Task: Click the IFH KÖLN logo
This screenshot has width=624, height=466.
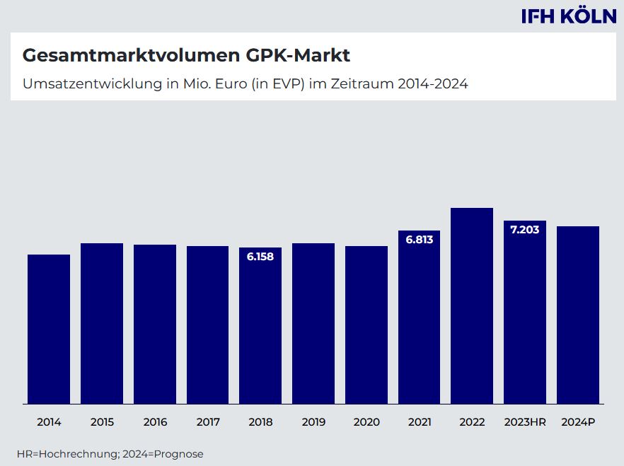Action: tap(569, 16)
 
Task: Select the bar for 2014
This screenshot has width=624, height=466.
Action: tap(49, 329)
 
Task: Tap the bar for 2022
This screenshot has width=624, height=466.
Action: tap(472, 305)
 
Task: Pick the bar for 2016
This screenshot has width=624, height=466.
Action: tap(155, 324)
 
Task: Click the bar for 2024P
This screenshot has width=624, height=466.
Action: tap(578, 315)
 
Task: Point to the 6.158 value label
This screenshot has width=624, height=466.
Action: tap(260, 257)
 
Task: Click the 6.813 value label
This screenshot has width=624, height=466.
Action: tap(419, 240)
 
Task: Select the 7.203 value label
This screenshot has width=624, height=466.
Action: tap(525, 230)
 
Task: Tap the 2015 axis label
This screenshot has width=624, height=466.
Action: tap(102, 422)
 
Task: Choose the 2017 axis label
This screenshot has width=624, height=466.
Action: tap(208, 422)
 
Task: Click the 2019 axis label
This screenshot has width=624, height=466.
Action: tap(313, 422)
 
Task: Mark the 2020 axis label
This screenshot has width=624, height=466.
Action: tap(366, 422)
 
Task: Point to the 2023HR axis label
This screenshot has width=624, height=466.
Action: tap(525, 422)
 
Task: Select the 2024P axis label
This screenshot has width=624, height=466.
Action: tap(578, 422)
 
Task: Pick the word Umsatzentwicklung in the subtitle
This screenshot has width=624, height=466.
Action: tap(88, 83)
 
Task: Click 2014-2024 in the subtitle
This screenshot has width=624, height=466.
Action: tap(432, 83)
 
